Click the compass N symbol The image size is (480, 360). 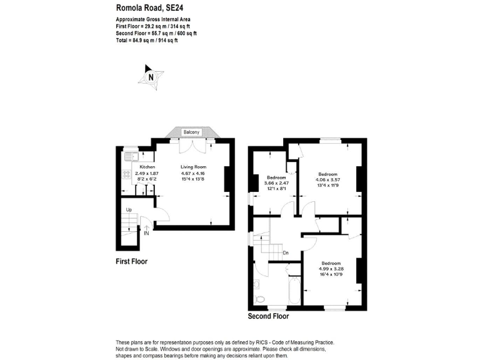click(x=150, y=77)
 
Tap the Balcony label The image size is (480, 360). click(x=192, y=132)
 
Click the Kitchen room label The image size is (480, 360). click(x=147, y=167)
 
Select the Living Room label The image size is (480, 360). click(x=193, y=167)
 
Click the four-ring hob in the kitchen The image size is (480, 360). click(x=125, y=175)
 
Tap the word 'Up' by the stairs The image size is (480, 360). click(x=129, y=210)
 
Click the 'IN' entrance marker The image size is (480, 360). click(x=146, y=233)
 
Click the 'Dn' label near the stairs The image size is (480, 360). click(x=286, y=252)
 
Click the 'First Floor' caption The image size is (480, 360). click(x=132, y=261)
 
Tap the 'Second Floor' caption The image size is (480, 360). click(x=268, y=316)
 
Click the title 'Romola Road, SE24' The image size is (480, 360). click(x=150, y=8)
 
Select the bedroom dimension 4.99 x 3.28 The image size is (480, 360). click(x=330, y=269)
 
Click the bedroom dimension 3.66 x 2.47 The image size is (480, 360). click(x=276, y=182)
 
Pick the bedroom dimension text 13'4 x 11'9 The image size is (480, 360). click(x=328, y=185)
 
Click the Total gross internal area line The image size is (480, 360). click(x=147, y=41)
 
